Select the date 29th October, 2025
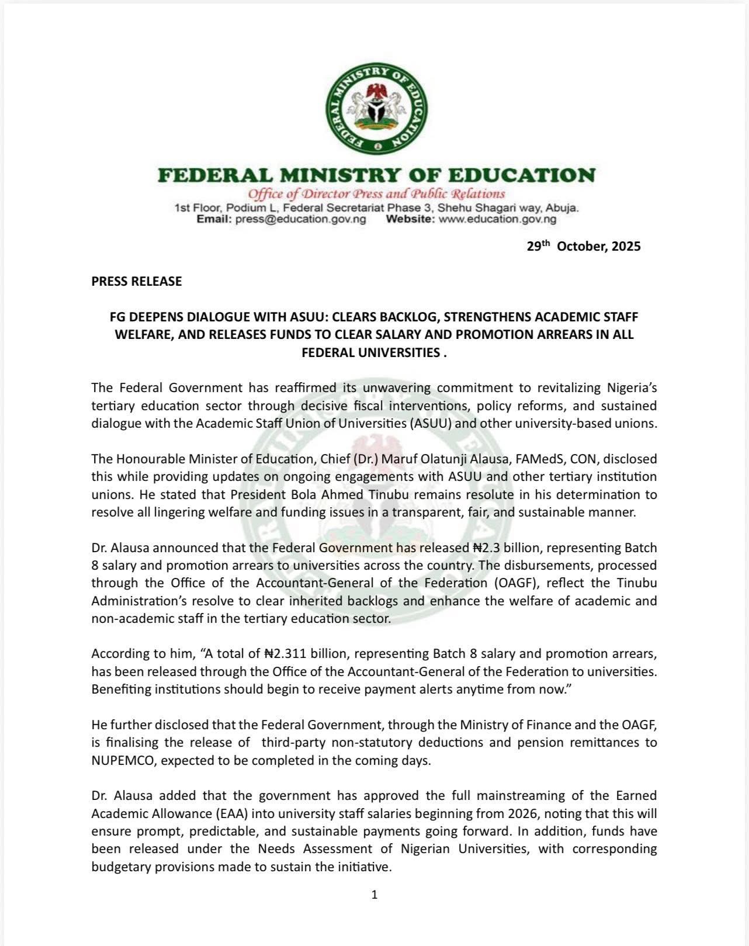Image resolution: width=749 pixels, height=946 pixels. (583, 246)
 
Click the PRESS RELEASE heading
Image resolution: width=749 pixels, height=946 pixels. (136, 281)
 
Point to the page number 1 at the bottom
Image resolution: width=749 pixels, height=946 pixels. (374, 894)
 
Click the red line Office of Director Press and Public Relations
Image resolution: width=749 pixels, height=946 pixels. (376, 194)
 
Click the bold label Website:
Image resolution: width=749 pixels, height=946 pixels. (410, 219)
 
